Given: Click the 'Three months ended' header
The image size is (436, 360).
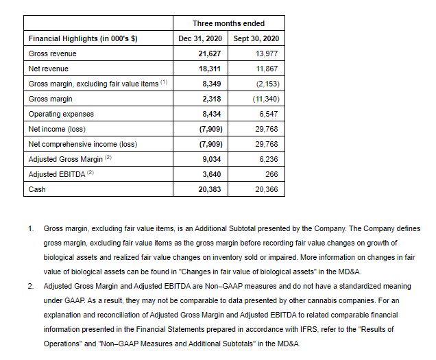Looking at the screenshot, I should [x=228, y=23].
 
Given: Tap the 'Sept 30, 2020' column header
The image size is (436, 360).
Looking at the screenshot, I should [x=256, y=38].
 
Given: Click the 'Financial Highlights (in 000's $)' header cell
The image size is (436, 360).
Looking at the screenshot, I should [x=83, y=38].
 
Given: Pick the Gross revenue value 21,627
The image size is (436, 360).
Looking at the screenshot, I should [x=209, y=53].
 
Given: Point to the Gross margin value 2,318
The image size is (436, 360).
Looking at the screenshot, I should [x=211, y=99].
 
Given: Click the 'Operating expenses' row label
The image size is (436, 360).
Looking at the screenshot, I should [x=61, y=114].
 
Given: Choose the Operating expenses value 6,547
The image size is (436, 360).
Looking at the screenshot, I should [x=267, y=114].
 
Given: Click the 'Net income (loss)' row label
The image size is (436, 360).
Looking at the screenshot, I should [x=58, y=129].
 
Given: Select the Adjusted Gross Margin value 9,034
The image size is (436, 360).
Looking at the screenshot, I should [x=211, y=159].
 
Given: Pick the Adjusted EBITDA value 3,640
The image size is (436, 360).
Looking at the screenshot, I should [x=211, y=174].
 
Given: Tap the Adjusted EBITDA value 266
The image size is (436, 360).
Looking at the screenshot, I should [x=271, y=174].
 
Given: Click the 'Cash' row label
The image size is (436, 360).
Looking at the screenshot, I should [x=37, y=189].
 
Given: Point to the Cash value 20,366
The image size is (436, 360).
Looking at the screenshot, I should [x=265, y=189].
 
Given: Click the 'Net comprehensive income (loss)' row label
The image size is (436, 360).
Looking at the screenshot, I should [x=83, y=144].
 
